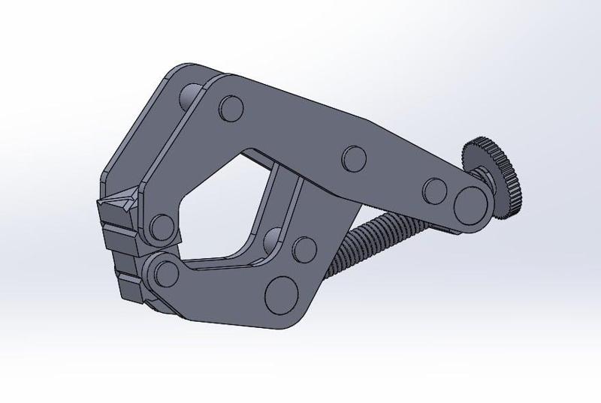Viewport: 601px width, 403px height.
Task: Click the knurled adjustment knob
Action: pos(498,173)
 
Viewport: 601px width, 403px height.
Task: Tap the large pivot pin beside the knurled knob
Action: pos(471,200)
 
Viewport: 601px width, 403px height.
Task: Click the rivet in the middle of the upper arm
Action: pos(352,158)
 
